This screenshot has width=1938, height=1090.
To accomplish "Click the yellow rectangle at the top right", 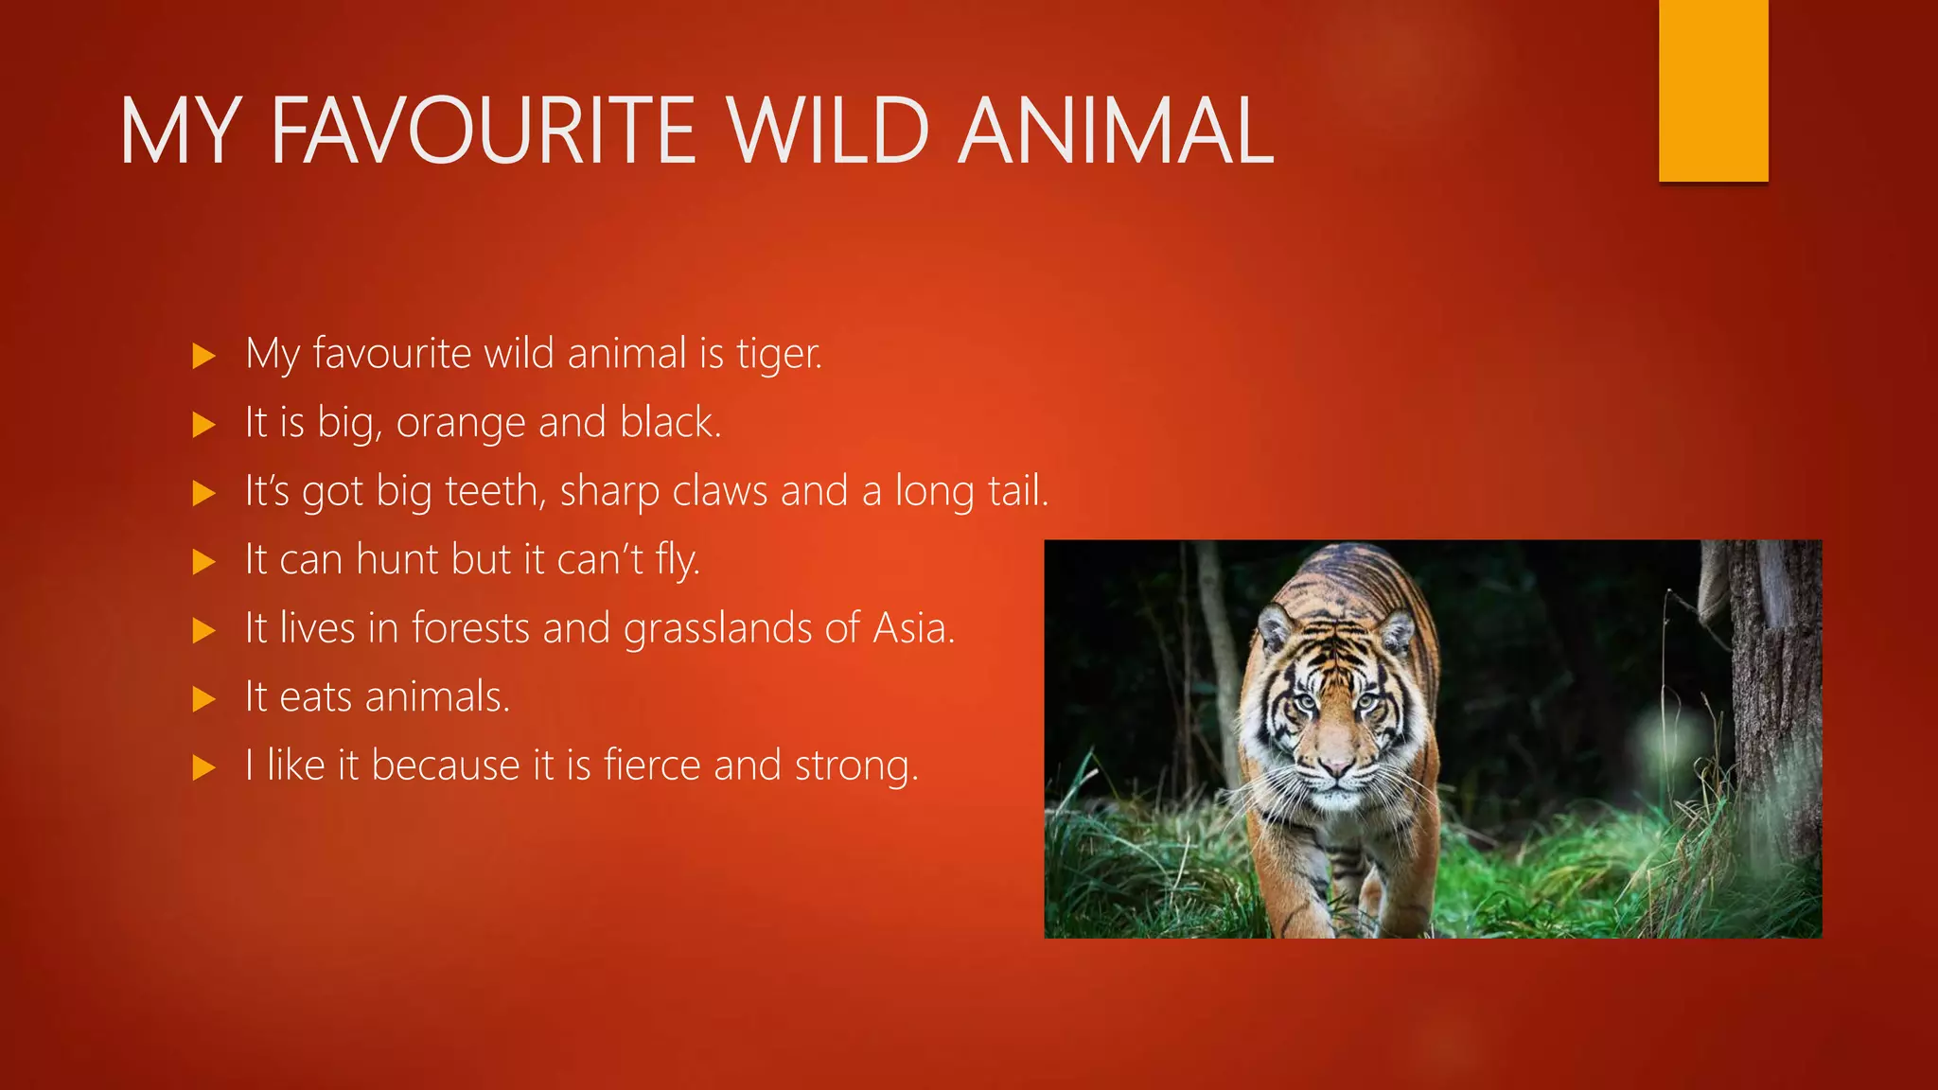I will point(1713,90).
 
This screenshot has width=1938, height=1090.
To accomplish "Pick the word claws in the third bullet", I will point(720,492).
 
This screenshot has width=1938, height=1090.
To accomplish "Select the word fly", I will point(678,561).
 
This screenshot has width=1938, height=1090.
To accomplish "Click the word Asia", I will point(912,629).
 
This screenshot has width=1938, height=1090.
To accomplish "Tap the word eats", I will point(316,698).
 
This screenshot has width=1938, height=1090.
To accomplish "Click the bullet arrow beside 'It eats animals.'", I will point(203,699).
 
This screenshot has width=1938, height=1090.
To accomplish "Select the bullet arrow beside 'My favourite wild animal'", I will point(203,356).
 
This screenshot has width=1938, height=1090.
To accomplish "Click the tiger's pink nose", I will point(1336,765).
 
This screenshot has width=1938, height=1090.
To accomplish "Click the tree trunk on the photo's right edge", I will point(1777,700).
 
